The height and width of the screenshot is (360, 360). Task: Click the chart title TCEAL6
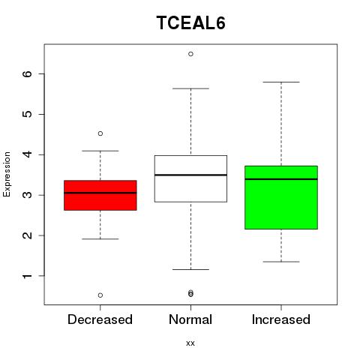(191, 22)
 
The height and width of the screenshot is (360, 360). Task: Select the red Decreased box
(100, 195)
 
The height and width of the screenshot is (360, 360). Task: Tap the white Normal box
(190, 178)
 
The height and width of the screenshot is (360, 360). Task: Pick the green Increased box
(281, 197)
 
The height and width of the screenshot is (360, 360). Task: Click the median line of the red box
(100, 193)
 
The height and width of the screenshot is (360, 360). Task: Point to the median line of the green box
(281, 179)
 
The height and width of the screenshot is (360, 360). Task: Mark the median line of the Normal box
(190, 175)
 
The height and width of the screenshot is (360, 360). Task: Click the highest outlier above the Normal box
(190, 54)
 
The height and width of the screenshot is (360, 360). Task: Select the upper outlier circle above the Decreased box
(100, 133)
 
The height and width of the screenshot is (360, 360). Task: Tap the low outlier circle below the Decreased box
(100, 295)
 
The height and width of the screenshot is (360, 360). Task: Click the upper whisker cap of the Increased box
(281, 82)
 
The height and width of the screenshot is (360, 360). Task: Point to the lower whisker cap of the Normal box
(190, 269)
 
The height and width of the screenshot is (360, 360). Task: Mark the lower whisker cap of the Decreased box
(100, 239)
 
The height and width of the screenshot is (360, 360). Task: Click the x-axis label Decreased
(100, 319)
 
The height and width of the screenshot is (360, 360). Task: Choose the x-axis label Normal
(190, 319)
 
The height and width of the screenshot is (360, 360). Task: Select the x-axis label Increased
(281, 319)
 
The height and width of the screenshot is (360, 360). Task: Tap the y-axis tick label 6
(28, 73)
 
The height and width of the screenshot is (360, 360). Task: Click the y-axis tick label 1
(28, 276)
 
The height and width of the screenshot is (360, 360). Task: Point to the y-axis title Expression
(7, 174)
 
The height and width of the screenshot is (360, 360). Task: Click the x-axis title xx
(190, 343)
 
